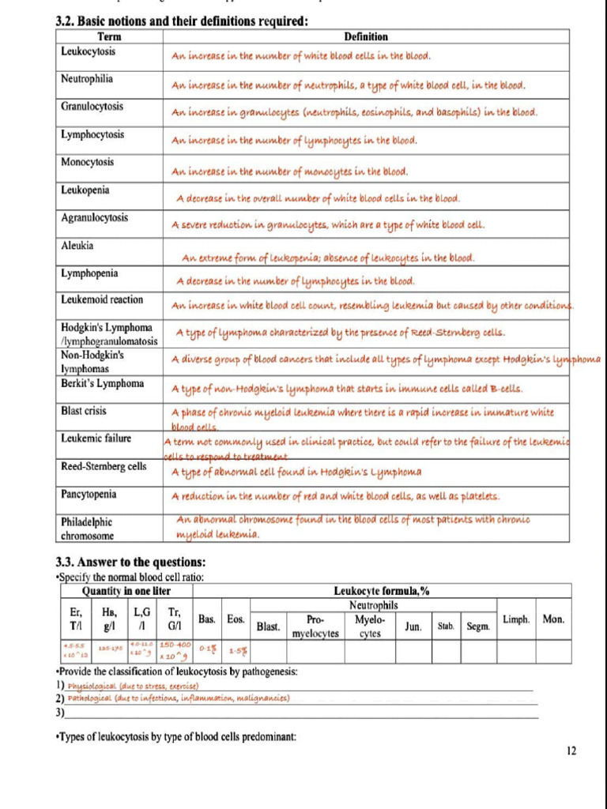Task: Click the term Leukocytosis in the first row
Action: [x=88, y=51]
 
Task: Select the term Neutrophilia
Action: [x=87, y=79]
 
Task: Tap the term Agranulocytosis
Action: [x=94, y=217]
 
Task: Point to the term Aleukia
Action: [x=77, y=246]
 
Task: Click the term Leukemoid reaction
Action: [x=102, y=300]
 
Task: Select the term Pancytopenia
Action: [x=89, y=495]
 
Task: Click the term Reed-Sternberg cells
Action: [x=104, y=467]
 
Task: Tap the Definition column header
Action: [x=366, y=37]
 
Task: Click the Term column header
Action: [x=109, y=37]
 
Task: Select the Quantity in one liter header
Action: [x=126, y=592]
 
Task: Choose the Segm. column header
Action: [x=477, y=627]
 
